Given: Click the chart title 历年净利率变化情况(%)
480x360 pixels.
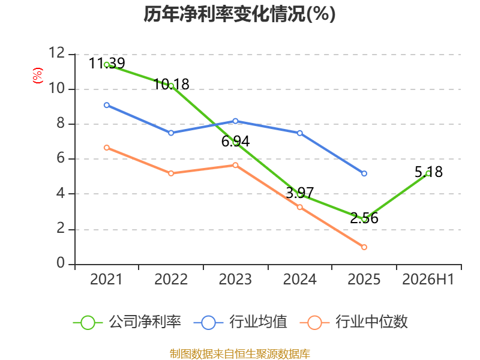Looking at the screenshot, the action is coord(239,14).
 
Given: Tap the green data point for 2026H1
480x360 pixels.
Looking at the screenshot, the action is coord(428,173).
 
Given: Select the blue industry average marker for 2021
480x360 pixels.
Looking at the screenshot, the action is coord(107,105).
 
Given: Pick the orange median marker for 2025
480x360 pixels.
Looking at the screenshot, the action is coord(364,247).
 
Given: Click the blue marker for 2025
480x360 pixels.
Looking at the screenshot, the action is coord(364,173).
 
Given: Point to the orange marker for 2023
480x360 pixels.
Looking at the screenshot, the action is coord(235,166).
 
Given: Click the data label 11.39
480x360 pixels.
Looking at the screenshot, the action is coord(107,64).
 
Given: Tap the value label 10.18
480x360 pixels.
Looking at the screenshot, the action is coord(171,84).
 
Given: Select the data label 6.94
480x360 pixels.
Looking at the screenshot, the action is coord(235,141).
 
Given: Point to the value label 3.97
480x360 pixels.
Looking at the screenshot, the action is coord(299,193).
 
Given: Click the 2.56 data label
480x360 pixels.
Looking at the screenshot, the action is coord(364,218).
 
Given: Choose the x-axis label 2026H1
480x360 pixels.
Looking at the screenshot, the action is coord(428,279).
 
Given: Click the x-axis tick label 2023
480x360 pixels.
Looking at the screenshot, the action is coord(235,279).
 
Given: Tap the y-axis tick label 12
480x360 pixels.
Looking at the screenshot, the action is coord(56,53).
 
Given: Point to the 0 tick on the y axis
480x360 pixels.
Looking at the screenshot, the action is coord(61,263).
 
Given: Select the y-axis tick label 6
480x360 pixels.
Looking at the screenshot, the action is coord(61,158).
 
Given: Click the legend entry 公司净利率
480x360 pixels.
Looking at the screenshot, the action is coord(127,322).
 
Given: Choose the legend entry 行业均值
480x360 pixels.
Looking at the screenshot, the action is coord(241,322).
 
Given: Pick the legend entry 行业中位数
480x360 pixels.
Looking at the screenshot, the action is coord(354,322).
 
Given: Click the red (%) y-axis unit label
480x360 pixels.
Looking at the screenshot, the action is coord(38,76).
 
